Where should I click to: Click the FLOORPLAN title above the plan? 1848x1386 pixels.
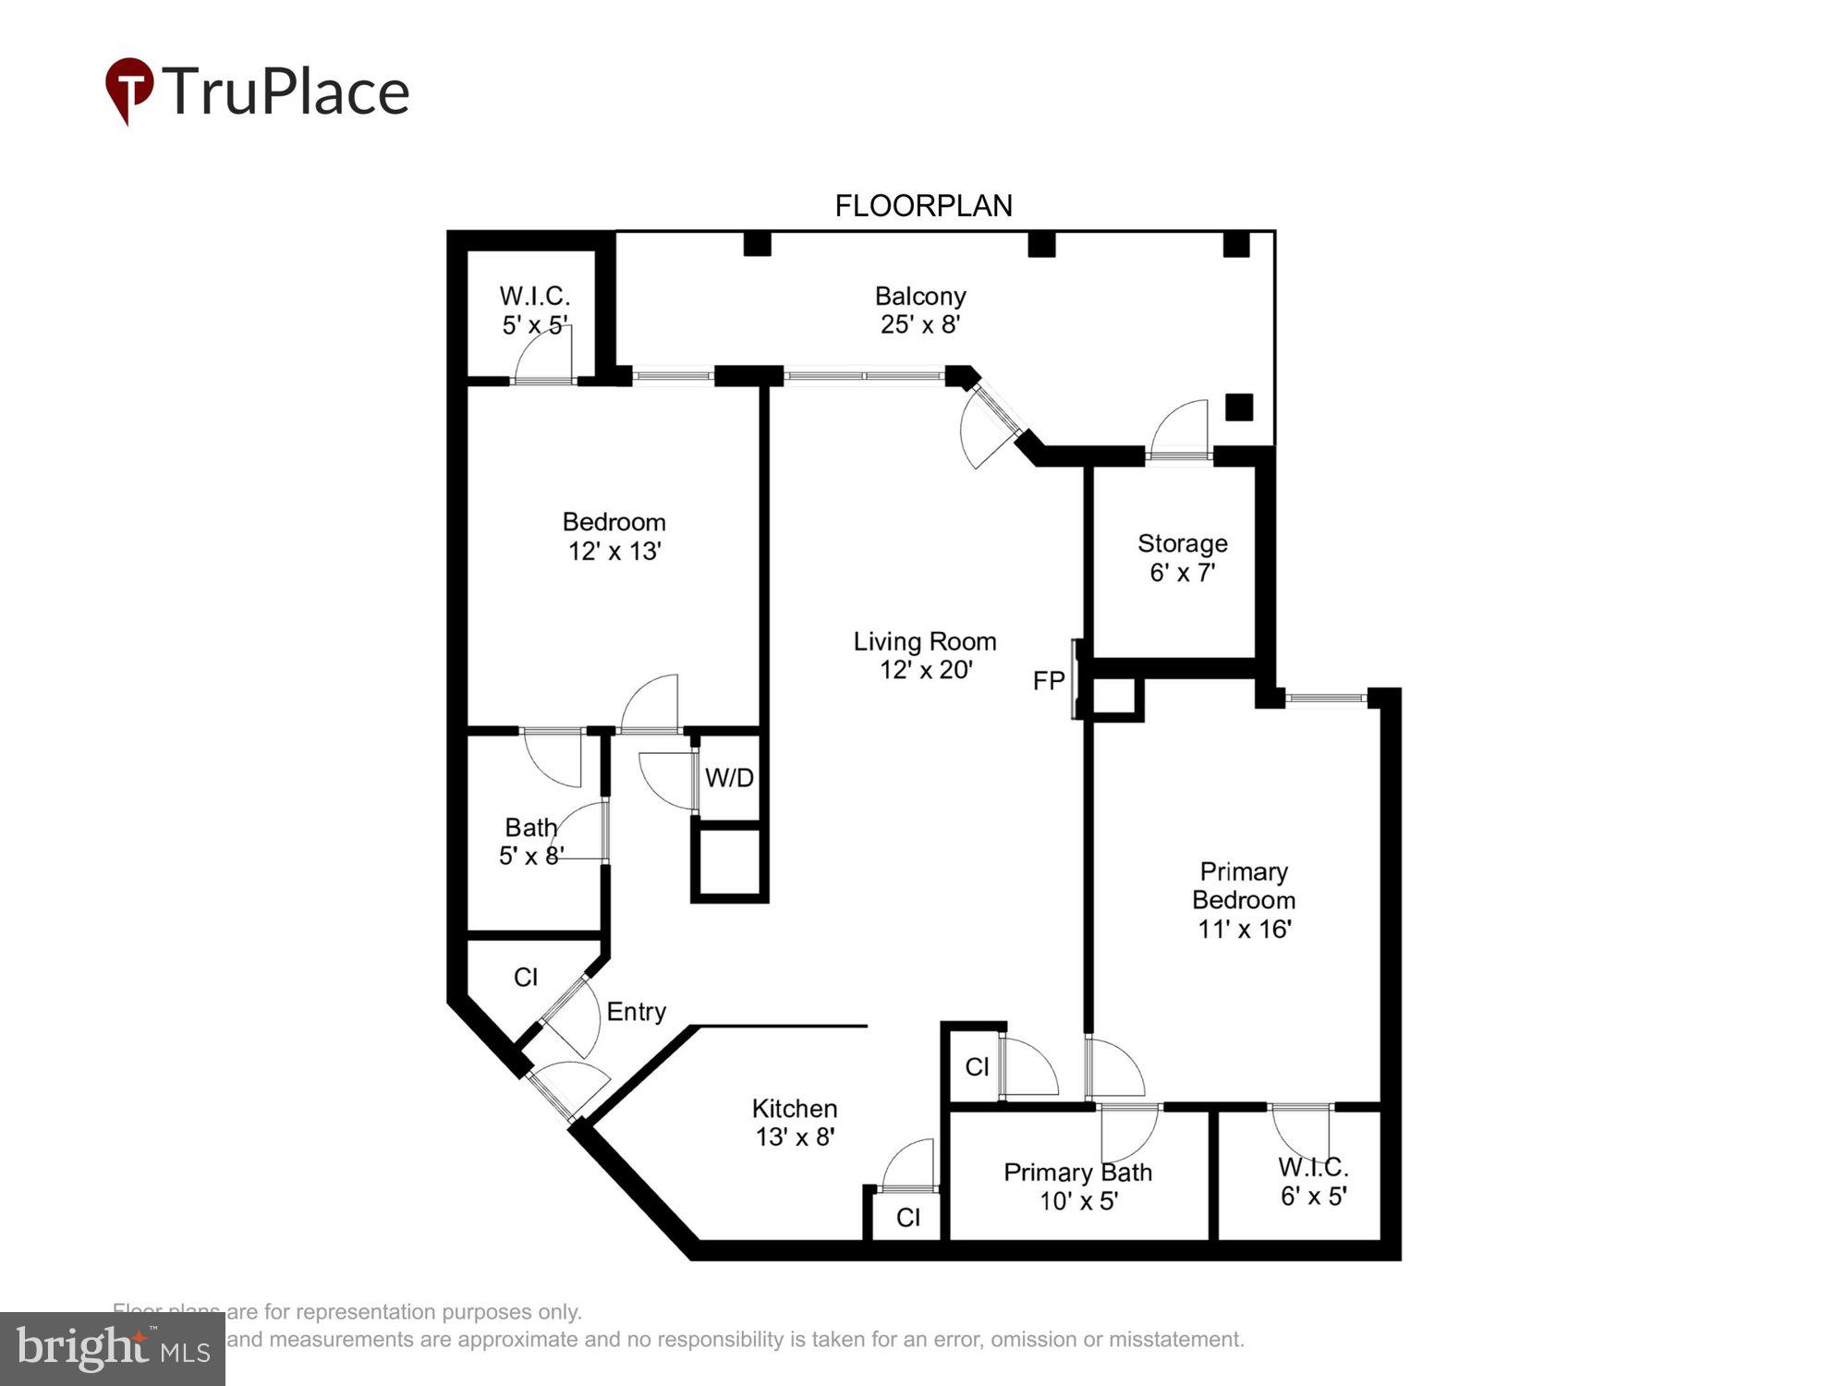923,205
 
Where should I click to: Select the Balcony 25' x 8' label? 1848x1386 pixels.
920,310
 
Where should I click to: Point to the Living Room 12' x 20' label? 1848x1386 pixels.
925,655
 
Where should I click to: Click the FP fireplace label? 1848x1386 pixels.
1048,681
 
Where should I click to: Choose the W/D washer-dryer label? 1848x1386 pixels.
729,778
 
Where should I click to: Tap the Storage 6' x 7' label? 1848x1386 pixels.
1182,557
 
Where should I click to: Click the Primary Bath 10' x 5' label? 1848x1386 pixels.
1077,1186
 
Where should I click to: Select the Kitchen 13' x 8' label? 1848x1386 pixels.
795,1122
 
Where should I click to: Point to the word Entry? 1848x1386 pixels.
636,1012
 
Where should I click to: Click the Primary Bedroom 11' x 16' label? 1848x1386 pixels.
1243,900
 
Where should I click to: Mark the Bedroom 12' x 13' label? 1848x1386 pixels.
614,536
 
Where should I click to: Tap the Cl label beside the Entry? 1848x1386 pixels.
526,977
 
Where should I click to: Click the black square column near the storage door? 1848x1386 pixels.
1238,407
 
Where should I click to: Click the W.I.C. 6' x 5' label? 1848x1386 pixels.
1313,1181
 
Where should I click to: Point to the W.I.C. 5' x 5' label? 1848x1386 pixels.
534,310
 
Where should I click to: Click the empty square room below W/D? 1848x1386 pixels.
729,862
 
